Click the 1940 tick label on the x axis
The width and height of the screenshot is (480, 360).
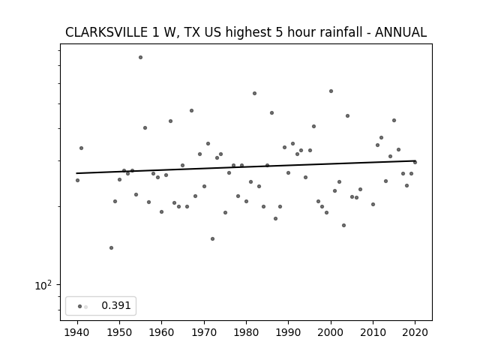tap(77, 332)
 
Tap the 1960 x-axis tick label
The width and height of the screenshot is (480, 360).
tap(162, 332)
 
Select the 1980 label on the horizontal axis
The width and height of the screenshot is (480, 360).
tap(246, 332)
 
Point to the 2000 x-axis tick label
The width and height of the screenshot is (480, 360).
tap(331, 332)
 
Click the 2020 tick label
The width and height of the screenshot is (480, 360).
tap(415, 332)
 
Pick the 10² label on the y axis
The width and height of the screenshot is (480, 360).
tap(43, 285)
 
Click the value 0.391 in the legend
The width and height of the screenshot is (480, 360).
tap(116, 305)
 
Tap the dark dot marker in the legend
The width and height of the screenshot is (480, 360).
tap(80, 307)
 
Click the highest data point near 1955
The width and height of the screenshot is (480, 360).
tap(140, 57)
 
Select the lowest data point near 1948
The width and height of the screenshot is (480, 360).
tap(111, 247)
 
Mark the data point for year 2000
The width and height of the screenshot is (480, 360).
tap(331, 91)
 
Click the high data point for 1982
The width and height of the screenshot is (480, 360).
tap(255, 93)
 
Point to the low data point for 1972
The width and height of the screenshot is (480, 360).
tap(212, 238)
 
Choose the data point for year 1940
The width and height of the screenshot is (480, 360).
tap(77, 180)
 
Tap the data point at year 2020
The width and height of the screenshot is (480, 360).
tap(415, 162)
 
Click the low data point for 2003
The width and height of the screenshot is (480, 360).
tap(343, 225)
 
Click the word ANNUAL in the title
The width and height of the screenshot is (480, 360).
tap(400, 32)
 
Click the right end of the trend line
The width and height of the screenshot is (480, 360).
tap(415, 160)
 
